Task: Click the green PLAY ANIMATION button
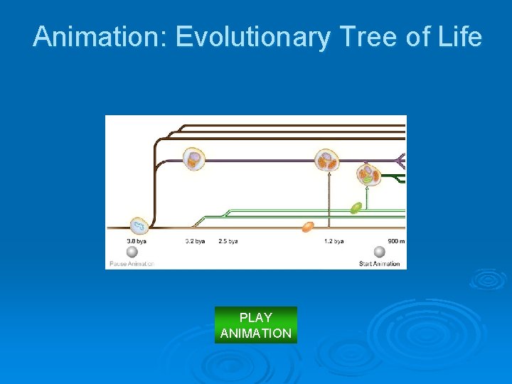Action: [x=256, y=325]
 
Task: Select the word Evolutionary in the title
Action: [x=252, y=37]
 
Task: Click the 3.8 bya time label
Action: [x=137, y=241]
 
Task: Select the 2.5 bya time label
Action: [x=228, y=241]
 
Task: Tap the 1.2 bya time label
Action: [x=334, y=241]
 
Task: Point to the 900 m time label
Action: [x=397, y=241]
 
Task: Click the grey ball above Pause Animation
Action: [x=133, y=252]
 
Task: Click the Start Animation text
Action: [x=380, y=264]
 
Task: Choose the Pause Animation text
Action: [x=132, y=264]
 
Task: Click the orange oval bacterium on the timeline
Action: [x=308, y=227]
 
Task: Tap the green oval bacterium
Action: [x=356, y=208]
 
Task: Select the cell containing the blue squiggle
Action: [x=138, y=226]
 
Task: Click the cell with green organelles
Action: [x=368, y=176]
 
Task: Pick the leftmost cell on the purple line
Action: [x=193, y=159]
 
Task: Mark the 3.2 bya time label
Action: [x=195, y=241]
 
